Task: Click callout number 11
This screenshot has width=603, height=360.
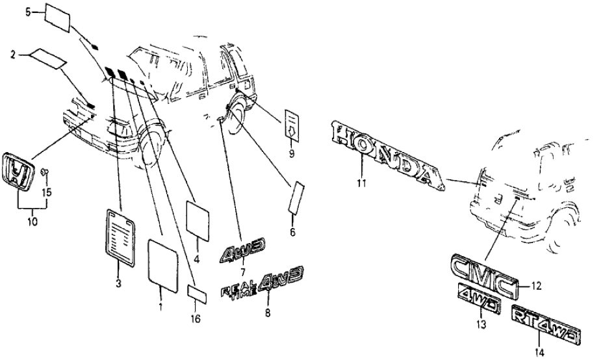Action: (361, 184)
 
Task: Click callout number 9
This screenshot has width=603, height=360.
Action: (292, 153)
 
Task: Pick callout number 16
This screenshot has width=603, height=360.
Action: (196, 318)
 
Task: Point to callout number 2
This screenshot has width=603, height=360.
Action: (12, 56)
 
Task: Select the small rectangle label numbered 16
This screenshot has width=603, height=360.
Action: (198, 293)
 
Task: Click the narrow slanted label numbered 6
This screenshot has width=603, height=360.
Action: (296, 197)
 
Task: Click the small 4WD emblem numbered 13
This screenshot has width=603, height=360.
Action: (478, 296)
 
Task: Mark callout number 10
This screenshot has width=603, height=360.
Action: (32, 222)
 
